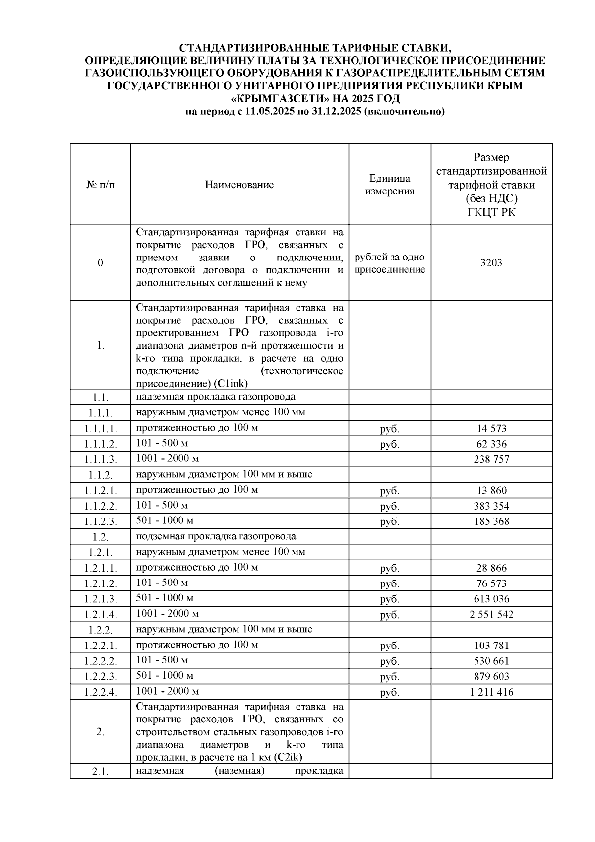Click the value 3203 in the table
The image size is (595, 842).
491,263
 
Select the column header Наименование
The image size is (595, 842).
239,185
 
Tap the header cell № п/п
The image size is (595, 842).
100,185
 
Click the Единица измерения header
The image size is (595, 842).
389,185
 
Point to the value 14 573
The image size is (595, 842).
491,428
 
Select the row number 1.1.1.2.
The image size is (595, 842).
100,444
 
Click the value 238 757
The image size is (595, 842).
491,459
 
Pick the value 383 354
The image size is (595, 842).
491,506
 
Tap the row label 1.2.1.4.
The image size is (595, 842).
100,615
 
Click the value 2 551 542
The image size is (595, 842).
491,615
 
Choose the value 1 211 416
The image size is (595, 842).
491,692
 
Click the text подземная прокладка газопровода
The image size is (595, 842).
216,536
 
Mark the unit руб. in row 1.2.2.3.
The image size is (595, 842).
389,677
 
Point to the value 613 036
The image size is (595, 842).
491,599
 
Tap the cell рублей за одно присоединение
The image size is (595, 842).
389,263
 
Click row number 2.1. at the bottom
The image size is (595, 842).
100,771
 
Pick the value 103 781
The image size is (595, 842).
491,646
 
